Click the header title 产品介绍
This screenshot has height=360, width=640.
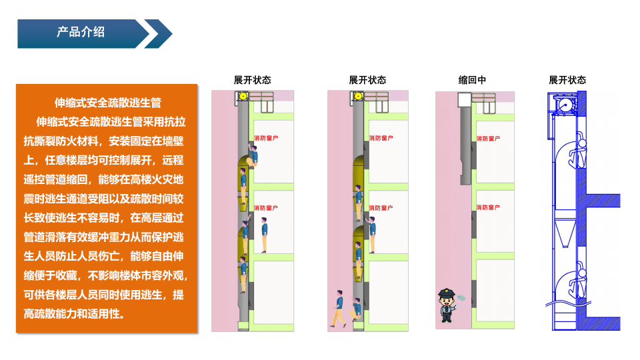[81, 32]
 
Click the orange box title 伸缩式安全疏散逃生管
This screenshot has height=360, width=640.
[107, 103]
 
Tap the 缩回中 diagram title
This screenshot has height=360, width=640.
[472, 80]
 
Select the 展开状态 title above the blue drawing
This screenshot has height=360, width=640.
[567, 80]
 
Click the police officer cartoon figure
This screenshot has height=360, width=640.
[446, 305]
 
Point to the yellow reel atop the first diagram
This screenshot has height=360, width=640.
[243, 97]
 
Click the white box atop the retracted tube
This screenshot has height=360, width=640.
[465, 100]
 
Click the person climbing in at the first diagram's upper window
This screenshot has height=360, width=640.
[253, 158]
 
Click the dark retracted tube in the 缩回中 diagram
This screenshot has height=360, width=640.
[465, 143]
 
